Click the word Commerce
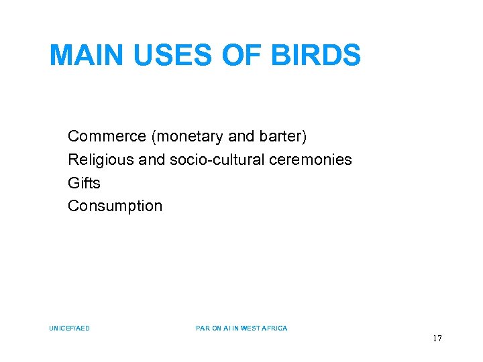click(x=107, y=137)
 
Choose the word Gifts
click(x=84, y=183)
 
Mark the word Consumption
click(x=115, y=206)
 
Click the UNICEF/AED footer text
click(x=69, y=328)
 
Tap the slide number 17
click(x=437, y=339)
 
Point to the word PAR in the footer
click(x=203, y=328)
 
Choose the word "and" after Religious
click(x=152, y=160)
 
